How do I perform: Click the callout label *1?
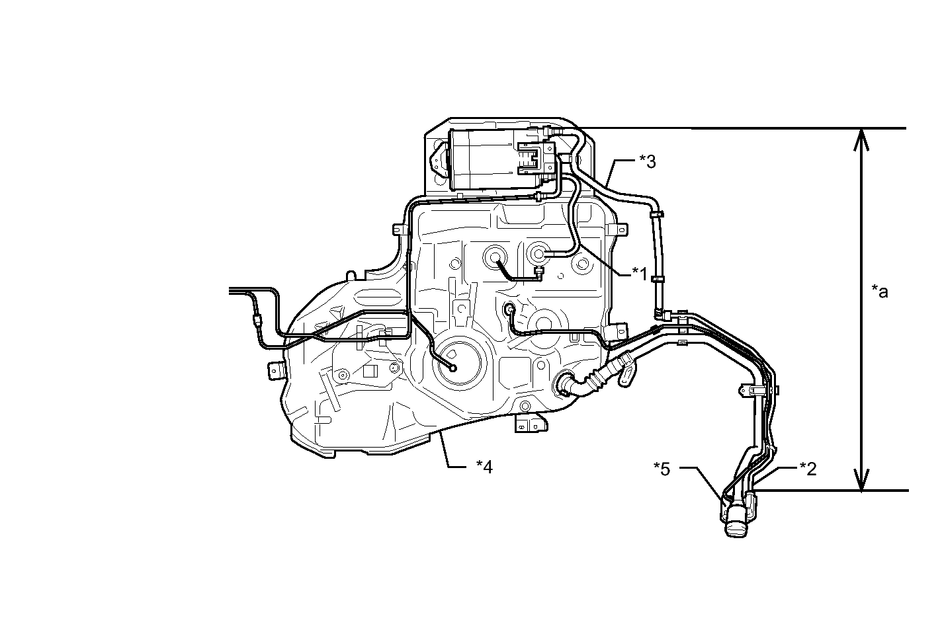640,274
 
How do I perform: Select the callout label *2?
808,469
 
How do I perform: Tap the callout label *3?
647,161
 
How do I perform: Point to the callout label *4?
484,466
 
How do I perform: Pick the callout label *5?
662,469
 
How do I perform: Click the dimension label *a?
880,291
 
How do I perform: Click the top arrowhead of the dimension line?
861,139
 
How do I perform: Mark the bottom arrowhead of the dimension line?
861,480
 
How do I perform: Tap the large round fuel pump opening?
460,362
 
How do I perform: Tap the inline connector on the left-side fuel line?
257,320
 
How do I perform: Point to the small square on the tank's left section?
369,371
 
